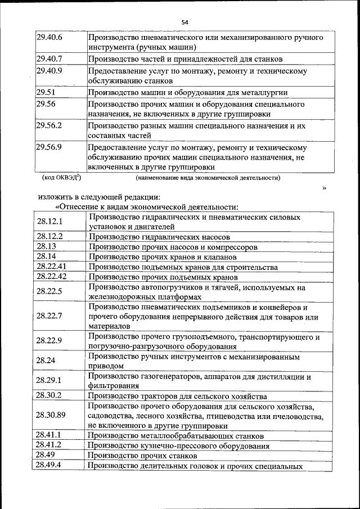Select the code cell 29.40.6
[49, 38]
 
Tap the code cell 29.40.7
[49, 58]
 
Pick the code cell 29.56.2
[49, 126]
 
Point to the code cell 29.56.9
[49, 147]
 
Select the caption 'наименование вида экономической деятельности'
[208, 178]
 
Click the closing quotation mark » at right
[324, 187]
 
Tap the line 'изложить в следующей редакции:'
[100, 197]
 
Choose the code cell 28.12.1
[49, 222]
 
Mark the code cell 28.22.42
[52, 276]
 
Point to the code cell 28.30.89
[52, 416]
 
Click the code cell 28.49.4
[49, 465]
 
